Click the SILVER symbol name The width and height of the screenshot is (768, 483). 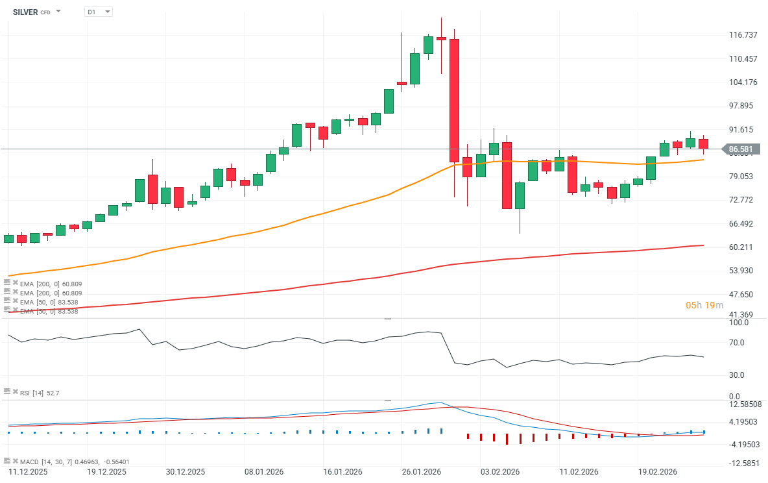tap(25, 12)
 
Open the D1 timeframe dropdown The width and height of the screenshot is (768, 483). tap(99, 12)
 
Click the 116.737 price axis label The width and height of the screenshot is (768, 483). tap(743, 35)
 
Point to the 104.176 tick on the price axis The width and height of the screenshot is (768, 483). tap(743, 82)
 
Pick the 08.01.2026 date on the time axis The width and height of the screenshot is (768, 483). tap(263, 472)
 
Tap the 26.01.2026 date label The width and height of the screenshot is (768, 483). tap(422, 472)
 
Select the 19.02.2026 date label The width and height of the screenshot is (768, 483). tap(657, 472)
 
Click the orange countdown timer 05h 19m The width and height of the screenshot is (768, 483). tap(704, 305)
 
